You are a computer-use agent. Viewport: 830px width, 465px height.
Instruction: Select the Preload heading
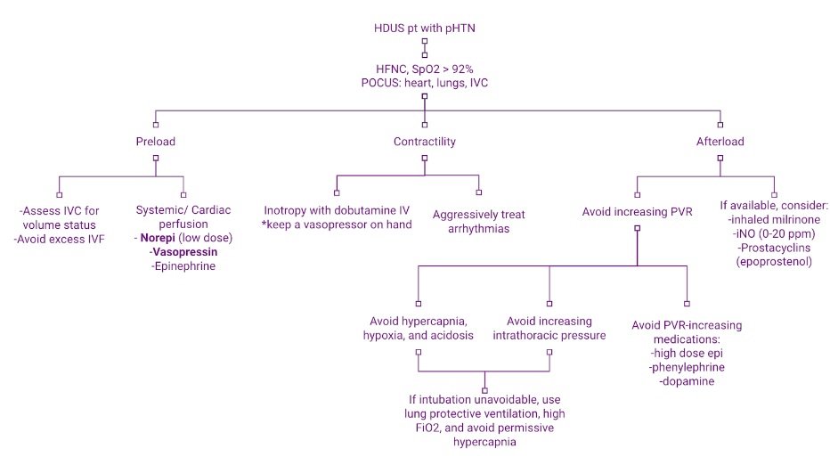[156, 141]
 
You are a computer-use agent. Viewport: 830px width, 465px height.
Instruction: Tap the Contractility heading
[424, 141]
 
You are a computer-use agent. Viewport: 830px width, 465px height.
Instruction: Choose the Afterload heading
[720, 141]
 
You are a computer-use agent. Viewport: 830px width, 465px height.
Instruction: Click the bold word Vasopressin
[184, 253]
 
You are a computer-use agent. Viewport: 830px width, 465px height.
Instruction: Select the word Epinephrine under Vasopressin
[183, 266]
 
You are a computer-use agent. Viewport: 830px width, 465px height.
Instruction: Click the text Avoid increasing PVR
[636, 211]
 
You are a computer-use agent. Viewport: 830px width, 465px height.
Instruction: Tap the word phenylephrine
[687, 367]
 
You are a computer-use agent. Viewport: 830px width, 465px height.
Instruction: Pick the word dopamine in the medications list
[687, 380]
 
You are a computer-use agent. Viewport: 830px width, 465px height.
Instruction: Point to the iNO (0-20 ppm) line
[774, 232]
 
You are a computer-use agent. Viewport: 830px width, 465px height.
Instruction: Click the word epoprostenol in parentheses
[773, 261]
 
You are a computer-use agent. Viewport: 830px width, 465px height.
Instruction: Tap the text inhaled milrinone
[774, 219]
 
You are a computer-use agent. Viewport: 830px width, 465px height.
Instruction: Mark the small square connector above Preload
[156, 123]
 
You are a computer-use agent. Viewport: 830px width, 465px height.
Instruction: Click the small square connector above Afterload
[720, 123]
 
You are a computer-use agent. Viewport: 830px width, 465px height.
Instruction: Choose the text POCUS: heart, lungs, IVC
[424, 84]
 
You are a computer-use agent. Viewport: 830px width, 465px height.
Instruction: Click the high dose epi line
[687, 353]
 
